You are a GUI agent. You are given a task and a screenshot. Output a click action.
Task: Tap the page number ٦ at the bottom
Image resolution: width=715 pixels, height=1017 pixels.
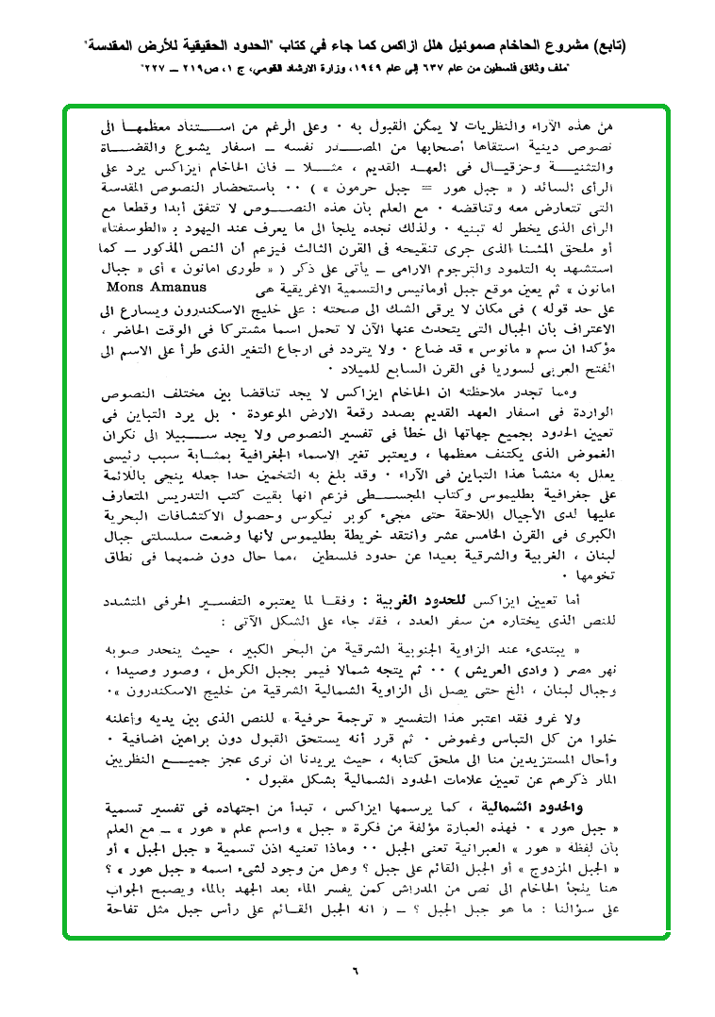pyautogui.click(x=357, y=968)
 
